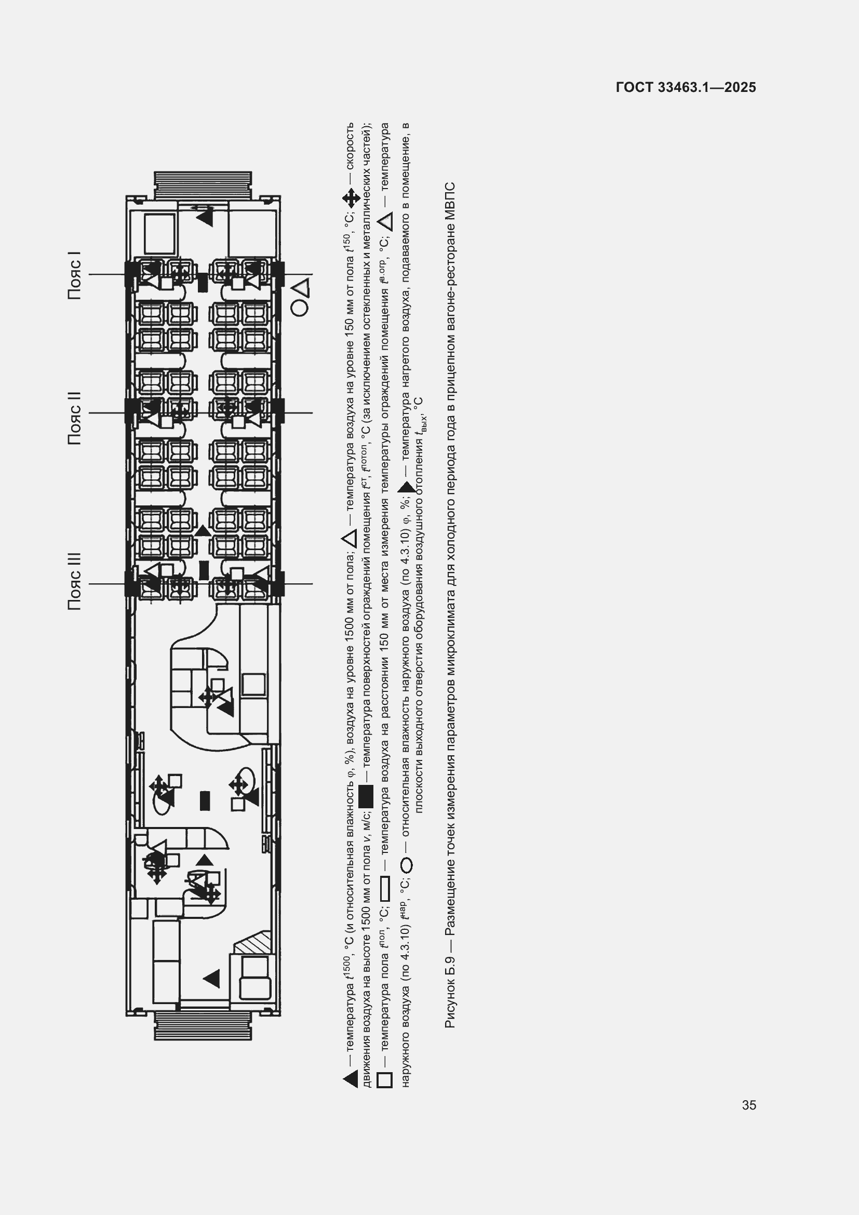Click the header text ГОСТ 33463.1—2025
pyautogui.click(x=686, y=87)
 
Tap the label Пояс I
pyautogui.click(x=75, y=275)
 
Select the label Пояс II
pyautogui.click(x=75, y=418)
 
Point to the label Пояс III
pyautogui.click(x=75, y=582)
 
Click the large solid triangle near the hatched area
pyautogui.click(x=211, y=979)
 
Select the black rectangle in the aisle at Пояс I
pyautogui.click(x=203, y=282)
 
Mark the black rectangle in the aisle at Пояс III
pyautogui.click(x=204, y=570)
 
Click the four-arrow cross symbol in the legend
pyautogui.click(x=351, y=199)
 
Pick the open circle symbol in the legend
pyautogui.click(x=406, y=866)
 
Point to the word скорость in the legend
pyautogui.click(x=350, y=146)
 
